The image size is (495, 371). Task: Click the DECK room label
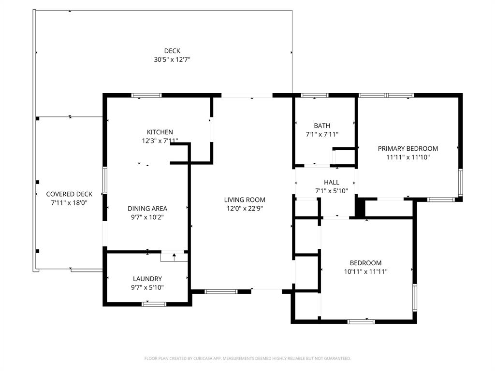tap(172, 51)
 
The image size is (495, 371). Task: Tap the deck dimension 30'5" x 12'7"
tap(172, 60)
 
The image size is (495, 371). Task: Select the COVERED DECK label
tap(69, 194)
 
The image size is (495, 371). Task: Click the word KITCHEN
tap(160, 132)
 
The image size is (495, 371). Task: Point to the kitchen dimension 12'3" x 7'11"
tap(160, 141)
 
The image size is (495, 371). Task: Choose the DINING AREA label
tap(147, 208)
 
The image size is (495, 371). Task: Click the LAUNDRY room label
tap(147, 279)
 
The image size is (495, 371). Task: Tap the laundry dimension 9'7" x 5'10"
tap(147, 288)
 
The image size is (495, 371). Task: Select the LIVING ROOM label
tap(245, 200)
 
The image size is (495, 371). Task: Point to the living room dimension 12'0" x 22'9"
tap(245, 209)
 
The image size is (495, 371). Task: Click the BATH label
tap(322, 126)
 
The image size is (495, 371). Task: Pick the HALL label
tap(332, 182)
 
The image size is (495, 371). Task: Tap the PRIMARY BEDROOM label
tap(408, 148)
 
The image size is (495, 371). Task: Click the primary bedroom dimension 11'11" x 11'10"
tap(408, 157)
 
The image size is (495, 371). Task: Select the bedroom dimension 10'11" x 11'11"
tap(365, 272)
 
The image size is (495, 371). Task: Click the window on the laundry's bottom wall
tap(154, 304)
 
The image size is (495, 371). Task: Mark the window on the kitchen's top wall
tap(147, 96)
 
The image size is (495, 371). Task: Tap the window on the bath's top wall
tap(315, 96)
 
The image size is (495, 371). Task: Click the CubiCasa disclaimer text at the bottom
tap(247, 358)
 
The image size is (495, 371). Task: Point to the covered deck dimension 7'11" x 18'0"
tap(69, 203)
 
